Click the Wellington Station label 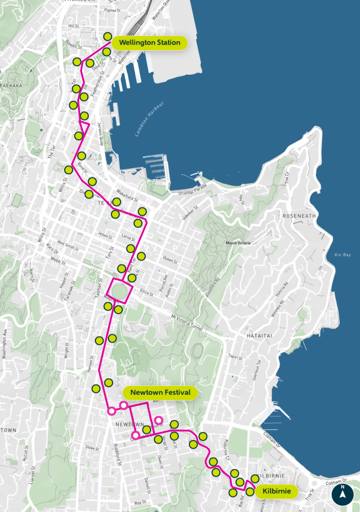click(x=149, y=43)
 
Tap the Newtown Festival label click(x=160, y=393)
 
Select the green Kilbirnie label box click(x=277, y=491)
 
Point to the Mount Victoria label click(x=238, y=243)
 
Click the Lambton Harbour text click(x=149, y=119)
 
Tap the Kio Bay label click(x=342, y=255)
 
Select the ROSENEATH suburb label click(x=300, y=216)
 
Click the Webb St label click(x=58, y=260)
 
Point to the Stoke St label click(x=92, y=448)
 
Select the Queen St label click(x=170, y=260)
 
